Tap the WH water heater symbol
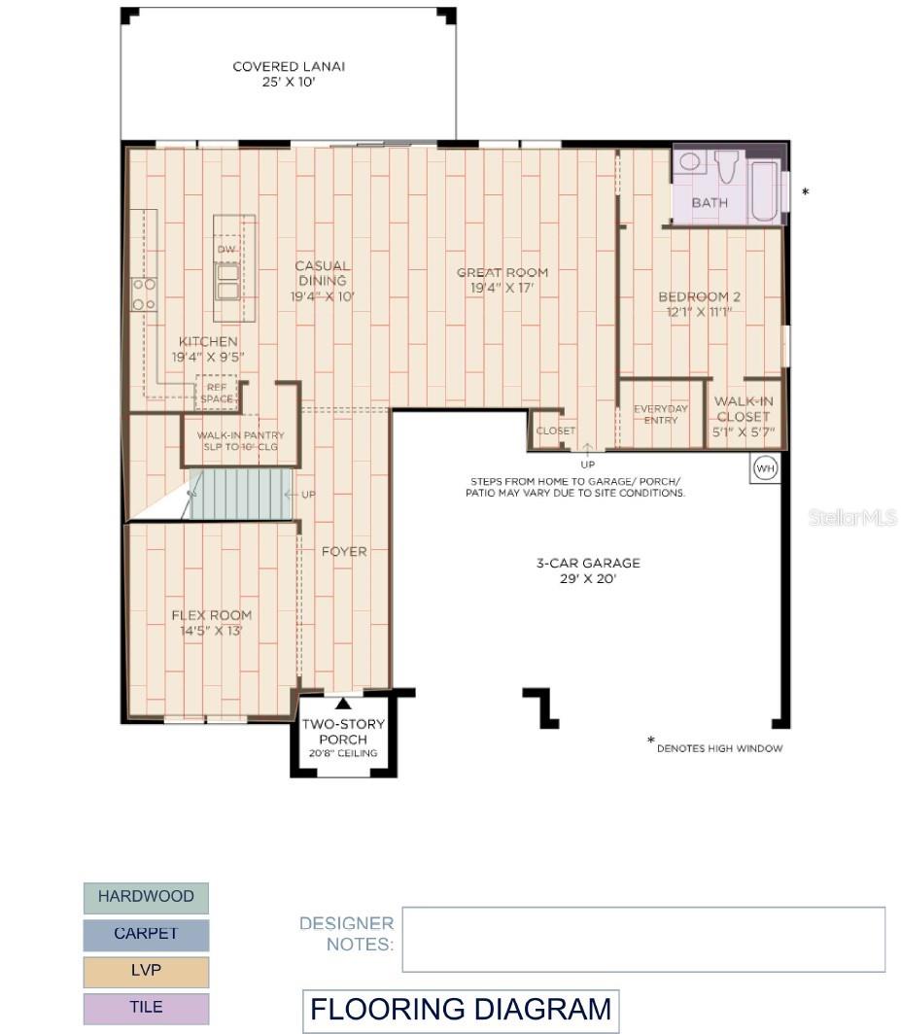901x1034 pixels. pos(765,469)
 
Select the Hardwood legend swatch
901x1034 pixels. pos(146,897)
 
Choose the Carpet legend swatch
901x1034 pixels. pos(146,934)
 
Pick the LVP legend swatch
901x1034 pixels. pos(146,971)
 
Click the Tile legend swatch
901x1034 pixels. pos(146,1008)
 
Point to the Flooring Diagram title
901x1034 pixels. pos(461,1010)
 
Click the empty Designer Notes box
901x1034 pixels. pos(643,939)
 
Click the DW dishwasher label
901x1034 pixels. pos(226,250)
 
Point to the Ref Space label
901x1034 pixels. pos(217,393)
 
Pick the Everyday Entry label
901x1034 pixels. pos(661,415)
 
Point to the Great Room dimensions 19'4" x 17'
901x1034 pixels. pos(502,289)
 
